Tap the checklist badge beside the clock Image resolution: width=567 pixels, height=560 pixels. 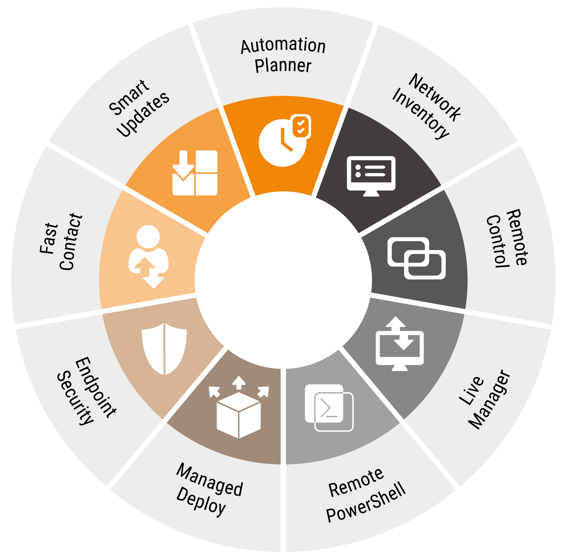[x=301, y=126]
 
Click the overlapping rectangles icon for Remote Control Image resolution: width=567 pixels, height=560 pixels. [x=416, y=258]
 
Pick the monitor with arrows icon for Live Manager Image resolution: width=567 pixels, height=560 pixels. [x=400, y=345]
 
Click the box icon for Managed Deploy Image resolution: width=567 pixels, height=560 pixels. [x=239, y=411]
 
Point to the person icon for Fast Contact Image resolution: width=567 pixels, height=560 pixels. [x=149, y=255]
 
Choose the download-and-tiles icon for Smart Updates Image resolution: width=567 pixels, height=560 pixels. [x=195, y=173]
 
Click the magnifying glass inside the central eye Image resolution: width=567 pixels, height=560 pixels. [x=283, y=258]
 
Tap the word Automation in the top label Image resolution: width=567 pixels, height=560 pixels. [x=283, y=46]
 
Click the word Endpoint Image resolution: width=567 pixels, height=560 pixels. [x=96, y=387]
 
